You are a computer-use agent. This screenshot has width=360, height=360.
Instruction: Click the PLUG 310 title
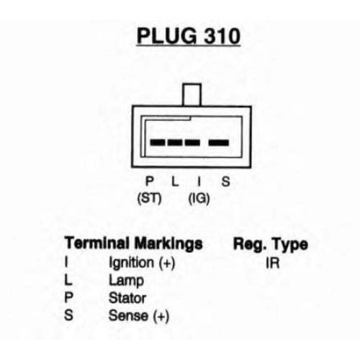[189, 36]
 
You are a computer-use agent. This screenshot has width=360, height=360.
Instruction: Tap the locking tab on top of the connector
[192, 94]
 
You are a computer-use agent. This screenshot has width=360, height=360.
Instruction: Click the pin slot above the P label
[158, 143]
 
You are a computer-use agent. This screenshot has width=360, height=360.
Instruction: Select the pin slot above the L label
[175, 143]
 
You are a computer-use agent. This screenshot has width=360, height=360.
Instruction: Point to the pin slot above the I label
[192, 143]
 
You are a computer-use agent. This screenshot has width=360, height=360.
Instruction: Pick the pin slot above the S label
[219, 143]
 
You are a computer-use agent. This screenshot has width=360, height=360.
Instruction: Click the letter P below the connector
[150, 181]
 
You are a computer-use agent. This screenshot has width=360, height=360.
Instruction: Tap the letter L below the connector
[175, 181]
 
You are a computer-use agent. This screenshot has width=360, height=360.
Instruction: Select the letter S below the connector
[225, 181]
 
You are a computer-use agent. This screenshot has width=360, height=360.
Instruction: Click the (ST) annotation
[149, 199]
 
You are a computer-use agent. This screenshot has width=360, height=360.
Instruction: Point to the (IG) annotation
[199, 199]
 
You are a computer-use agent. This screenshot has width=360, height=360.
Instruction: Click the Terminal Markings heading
[134, 243]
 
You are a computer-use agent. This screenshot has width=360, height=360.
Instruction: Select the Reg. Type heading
[271, 245]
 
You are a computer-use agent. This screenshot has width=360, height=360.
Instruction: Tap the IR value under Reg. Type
[273, 264]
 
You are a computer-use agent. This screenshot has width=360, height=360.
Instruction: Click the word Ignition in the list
[131, 263]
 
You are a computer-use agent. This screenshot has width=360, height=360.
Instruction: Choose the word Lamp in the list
[126, 281]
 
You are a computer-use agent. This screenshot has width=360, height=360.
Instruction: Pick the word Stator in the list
[127, 298]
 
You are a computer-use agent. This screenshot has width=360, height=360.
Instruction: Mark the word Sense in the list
[128, 315]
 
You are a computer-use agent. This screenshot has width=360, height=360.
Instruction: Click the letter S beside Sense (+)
[68, 315]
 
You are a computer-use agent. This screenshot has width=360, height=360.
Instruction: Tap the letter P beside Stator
[68, 298]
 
